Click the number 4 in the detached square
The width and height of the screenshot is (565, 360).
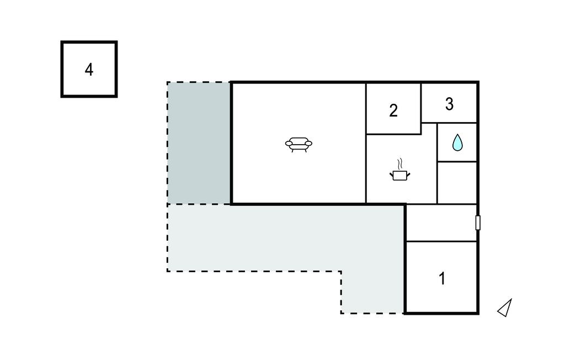[x=89, y=70]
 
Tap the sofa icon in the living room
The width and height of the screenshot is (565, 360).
[x=299, y=145]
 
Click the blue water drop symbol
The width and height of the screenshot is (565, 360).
[x=457, y=142]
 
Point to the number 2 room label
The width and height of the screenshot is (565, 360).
[x=393, y=110]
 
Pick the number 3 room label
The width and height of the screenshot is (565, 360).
[x=449, y=104]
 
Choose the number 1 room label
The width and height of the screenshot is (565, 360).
[x=442, y=279]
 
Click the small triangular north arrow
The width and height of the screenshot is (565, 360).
[x=505, y=308]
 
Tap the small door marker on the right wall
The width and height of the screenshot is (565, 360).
[x=478, y=223]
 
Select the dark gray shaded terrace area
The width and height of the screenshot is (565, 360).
[x=199, y=142]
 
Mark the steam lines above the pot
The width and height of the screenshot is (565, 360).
[x=401, y=163]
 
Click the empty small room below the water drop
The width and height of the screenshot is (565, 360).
[x=457, y=183]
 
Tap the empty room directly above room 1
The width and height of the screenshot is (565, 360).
[x=441, y=223]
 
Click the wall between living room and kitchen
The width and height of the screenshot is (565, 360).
[x=366, y=166]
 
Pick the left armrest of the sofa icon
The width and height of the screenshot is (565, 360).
[x=288, y=144]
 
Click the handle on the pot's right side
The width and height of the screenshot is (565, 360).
[x=409, y=174]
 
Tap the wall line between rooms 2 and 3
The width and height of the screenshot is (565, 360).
[x=421, y=102]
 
